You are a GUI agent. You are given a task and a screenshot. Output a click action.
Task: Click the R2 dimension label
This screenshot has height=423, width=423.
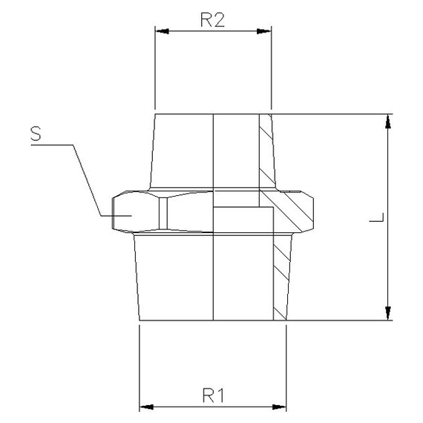[x=212, y=20]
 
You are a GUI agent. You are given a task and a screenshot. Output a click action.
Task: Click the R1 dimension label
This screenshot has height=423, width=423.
[x=213, y=395]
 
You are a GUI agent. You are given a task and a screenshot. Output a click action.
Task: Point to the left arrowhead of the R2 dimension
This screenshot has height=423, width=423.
[x=160, y=31]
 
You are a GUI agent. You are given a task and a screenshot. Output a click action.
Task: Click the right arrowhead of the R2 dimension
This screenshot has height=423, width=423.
[x=265, y=31]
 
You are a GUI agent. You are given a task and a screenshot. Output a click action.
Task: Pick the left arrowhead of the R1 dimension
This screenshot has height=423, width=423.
[x=146, y=407]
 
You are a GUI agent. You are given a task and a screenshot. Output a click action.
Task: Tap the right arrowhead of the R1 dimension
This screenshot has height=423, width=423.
[x=280, y=407]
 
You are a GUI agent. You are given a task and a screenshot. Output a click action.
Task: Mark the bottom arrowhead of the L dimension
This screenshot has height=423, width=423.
[x=387, y=314]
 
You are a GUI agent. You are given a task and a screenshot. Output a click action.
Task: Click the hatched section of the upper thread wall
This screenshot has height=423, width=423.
[x=266, y=148]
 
